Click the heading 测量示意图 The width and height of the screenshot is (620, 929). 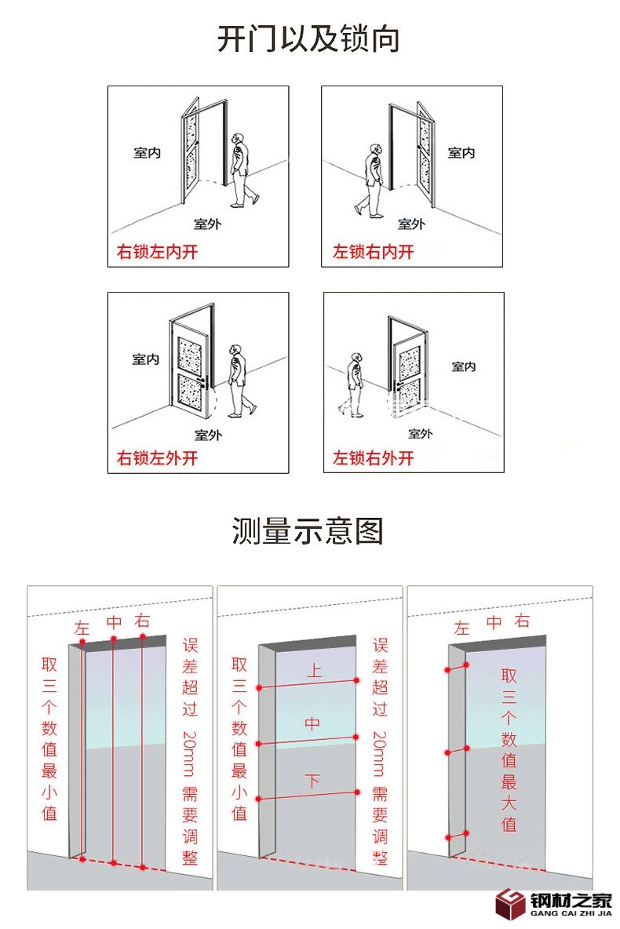click(x=308, y=531)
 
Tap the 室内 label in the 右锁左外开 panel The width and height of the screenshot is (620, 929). click(x=145, y=359)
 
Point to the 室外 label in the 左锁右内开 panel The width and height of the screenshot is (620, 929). click(x=410, y=224)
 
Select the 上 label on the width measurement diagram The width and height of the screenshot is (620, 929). click(x=313, y=671)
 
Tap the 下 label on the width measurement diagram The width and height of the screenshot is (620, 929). click(x=312, y=781)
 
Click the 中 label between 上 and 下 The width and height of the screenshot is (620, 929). click(x=312, y=724)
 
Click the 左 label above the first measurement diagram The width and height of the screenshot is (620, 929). click(x=82, y=628)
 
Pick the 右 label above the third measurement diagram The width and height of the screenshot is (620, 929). click(x=522, y=622)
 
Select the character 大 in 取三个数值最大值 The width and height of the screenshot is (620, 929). click(x=509, y=803)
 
